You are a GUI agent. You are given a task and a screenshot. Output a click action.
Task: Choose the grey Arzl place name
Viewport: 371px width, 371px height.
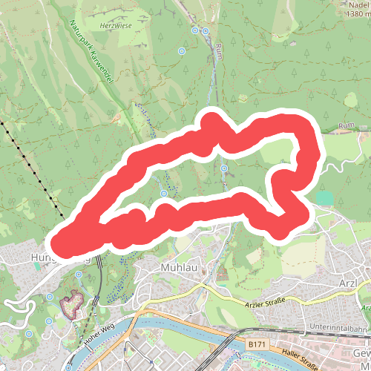(x=347, y=284)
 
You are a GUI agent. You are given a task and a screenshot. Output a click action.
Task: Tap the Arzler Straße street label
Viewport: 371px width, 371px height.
(x=264, y=304)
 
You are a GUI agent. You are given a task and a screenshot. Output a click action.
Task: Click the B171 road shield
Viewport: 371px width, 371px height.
(x=257, y=344)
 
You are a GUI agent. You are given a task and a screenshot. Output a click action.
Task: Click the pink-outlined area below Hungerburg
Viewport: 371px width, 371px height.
(x=71, y=304)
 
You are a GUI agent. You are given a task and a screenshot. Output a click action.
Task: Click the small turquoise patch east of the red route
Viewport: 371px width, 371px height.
(x=324, y=198)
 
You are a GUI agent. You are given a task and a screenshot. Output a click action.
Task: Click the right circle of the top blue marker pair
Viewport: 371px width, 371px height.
(x=205, y=31)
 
